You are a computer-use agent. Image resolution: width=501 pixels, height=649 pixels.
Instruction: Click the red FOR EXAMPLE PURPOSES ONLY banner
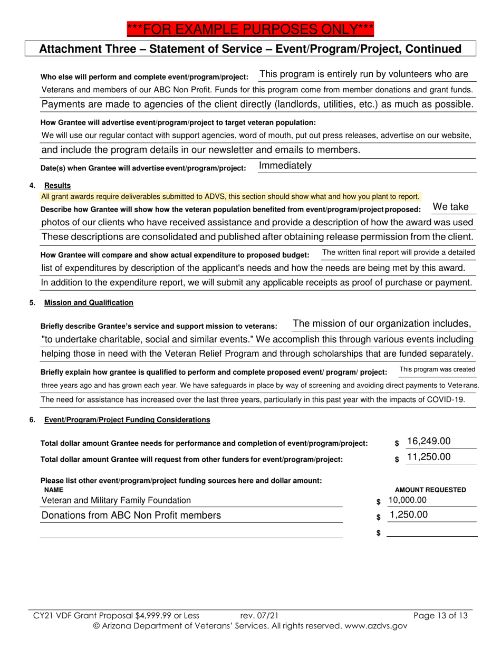(250, 28)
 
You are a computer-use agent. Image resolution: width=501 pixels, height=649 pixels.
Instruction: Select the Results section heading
(57, 186)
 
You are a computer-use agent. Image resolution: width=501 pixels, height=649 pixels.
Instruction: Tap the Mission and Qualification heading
(89, 303)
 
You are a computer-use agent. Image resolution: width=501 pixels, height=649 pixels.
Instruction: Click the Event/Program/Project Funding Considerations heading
(127, 420)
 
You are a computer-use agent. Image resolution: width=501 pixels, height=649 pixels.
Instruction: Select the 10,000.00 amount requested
(407, 500)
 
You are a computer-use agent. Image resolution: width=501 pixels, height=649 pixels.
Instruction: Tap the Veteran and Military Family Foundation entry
(116, 500)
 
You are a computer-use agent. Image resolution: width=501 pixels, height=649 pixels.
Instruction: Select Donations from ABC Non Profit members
(131, 516)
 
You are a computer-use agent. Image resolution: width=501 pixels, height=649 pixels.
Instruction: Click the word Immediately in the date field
(285, 166)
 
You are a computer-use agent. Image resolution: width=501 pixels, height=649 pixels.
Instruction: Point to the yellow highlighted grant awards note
(230, 197)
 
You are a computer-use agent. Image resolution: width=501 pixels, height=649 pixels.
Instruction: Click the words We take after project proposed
(450, 207)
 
